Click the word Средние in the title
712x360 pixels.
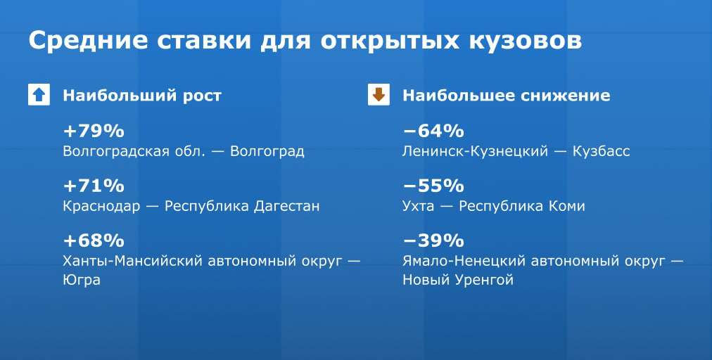(88, 41)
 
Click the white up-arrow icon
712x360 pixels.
(39, 95)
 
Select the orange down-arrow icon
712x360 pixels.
(379, 95)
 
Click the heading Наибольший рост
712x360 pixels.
(142, 96)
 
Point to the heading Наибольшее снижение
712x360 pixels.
(507, 96)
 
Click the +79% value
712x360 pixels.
(94, 131)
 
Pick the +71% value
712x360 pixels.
(94, 186)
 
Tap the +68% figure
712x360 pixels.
(94, 240)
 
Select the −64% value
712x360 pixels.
(433, 131)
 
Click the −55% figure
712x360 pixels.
(433, 186)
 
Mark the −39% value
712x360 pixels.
(433, 240)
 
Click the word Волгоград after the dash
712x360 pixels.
(267, 151)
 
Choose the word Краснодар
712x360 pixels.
(102, 207)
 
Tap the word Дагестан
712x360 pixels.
(286, 206)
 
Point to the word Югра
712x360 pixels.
(82, 280)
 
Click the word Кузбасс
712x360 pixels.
(602, 151)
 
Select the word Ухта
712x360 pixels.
(418, 207)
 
